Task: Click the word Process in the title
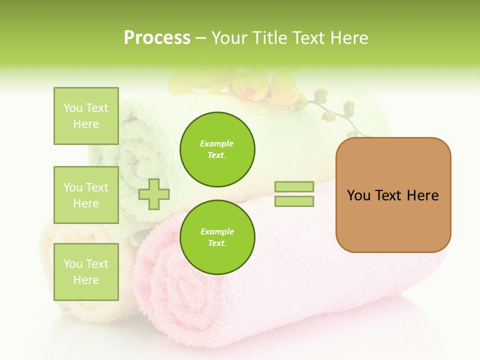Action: tap(157, 38)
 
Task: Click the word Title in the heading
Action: tap(267, 38)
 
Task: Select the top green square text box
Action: tap(86, 116)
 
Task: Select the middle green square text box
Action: tap(86, 195)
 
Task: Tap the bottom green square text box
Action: tap(86, 271)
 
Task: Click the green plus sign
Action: tap(154, 194)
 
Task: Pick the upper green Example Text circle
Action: tap(217, 149)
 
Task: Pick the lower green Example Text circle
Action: tap(217, 237)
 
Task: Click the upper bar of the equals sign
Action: tap(294, 186)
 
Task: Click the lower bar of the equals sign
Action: tap(294, 201)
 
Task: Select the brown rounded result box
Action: tap(393, 194)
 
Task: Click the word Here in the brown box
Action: tap(422, 195)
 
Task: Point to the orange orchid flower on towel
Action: tap(255, 85)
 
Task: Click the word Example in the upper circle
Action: tap(217, 143)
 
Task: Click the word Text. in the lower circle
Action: tap(217, 243)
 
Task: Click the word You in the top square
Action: tap(73, 108)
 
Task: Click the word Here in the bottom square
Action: tap(86, 280)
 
